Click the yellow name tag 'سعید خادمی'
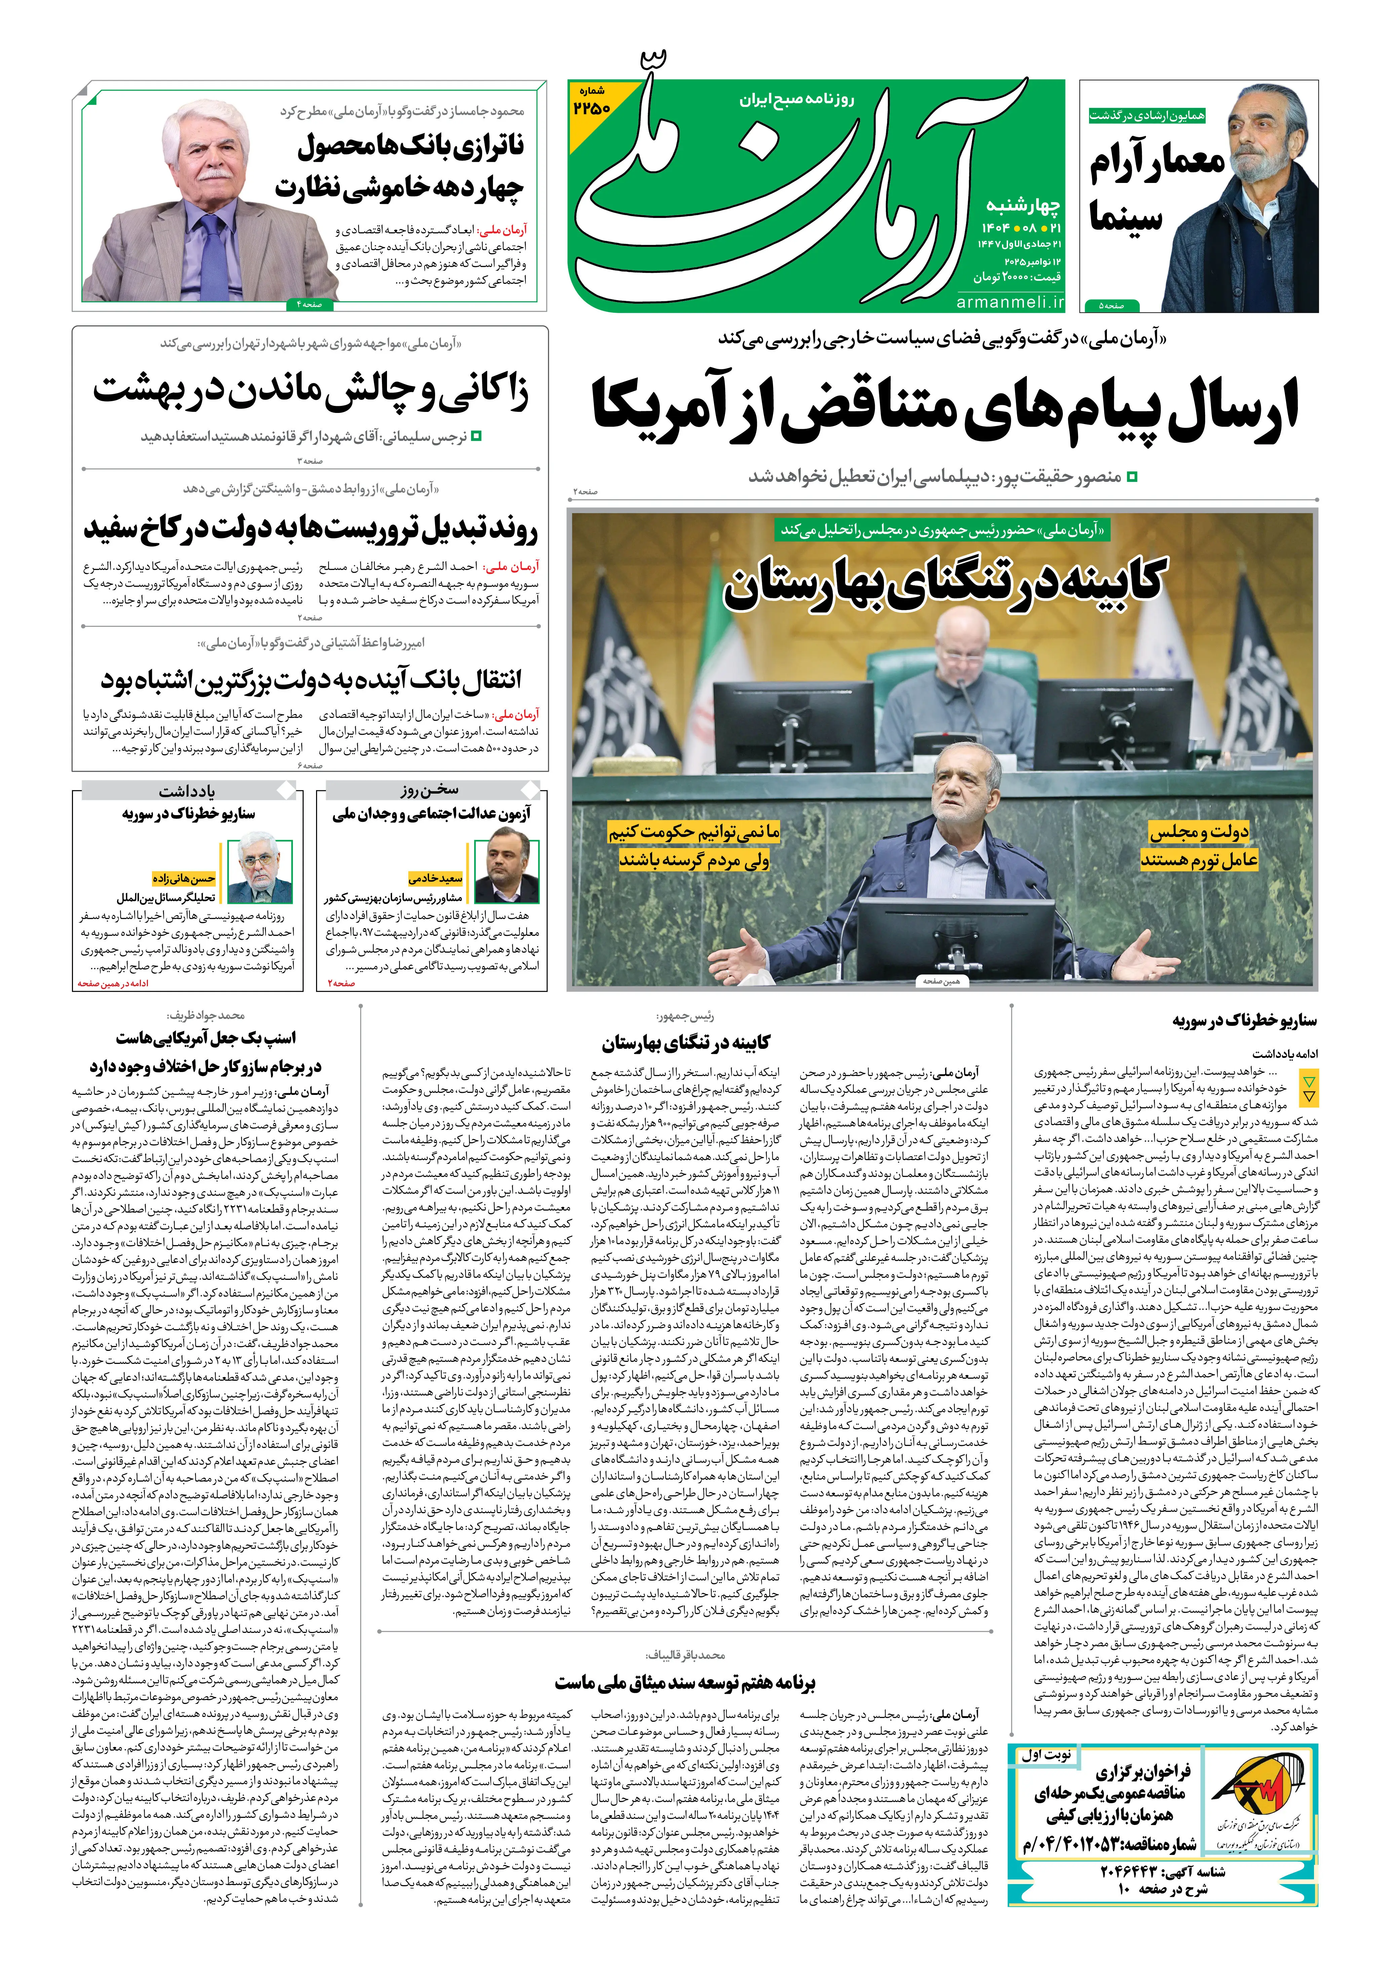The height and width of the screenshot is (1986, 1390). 435,878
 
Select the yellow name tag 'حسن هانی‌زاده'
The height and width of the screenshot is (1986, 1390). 184,878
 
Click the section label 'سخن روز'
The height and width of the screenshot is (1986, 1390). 430,790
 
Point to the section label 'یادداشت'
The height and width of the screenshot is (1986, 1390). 187,791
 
